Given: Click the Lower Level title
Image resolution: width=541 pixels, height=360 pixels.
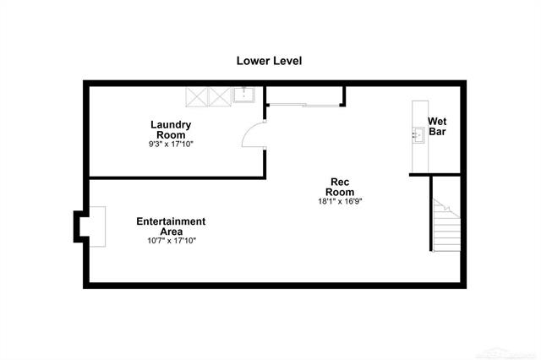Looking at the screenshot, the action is (x=269, y=61).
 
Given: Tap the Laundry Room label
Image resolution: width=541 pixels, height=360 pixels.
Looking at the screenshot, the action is (x=171, y=129).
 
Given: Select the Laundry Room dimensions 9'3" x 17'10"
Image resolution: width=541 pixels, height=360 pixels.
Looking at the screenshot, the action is (x=171, y=145).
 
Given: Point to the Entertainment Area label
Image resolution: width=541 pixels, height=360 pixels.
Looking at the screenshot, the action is (x=171, y=226).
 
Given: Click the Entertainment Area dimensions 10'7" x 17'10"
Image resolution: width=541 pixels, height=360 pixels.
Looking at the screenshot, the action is (x=172, y=241).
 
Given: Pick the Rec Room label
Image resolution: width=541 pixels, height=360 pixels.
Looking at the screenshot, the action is (x=340, y=187).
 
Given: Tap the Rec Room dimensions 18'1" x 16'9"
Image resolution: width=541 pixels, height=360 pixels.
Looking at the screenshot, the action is (x=340, y=201).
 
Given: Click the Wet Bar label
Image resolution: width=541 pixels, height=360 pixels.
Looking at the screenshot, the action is (x=437, y=127).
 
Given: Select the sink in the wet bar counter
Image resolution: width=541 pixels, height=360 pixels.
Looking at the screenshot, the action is (x=418, y=135).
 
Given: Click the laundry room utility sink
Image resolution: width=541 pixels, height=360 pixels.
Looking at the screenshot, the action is (x=244, y=95).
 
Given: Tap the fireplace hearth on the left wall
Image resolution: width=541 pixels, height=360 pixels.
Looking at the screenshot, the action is (x=97, y=226).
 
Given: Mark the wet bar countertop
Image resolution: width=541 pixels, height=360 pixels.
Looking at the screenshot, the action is (x=420, y=137).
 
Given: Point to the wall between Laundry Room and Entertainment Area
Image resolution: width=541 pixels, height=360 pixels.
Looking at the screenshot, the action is (x=178, y=178).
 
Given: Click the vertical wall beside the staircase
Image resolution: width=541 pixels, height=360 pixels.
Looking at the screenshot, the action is (x=431, y=214).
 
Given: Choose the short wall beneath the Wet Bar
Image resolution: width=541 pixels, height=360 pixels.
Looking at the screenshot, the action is (x=434, y=175).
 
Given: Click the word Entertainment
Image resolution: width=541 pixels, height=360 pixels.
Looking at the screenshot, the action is (x=171, y=221).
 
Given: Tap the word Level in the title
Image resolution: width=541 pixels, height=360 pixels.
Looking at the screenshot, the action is (x=287, y=61).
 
